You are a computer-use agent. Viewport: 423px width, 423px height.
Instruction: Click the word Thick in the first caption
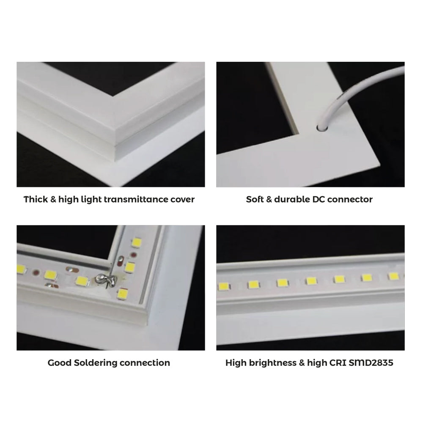pos(35,199)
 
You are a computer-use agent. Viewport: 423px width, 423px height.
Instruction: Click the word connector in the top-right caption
pos(351,199)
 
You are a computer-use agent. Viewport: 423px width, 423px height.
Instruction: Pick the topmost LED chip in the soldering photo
pos(136,242)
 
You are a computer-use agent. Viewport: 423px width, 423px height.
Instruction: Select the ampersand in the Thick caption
pos(53,199)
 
